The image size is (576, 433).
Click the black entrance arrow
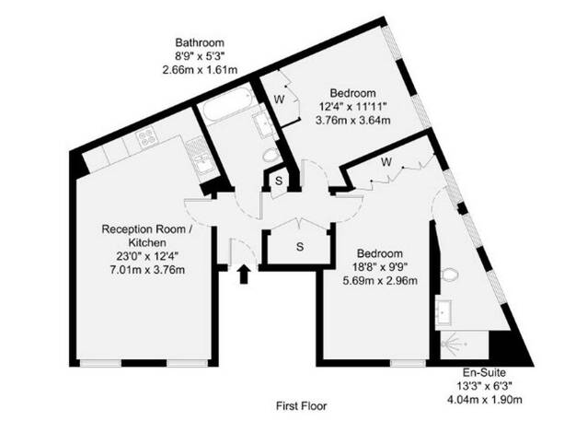click(243, 275)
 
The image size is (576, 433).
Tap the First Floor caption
click(301, 405)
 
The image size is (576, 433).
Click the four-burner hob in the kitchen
click(147, 137)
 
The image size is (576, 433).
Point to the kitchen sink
click(203, 163)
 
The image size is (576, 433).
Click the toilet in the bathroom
click(271, 156)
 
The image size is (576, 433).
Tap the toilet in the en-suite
click(449, 275)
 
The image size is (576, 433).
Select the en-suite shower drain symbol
click(453, 345)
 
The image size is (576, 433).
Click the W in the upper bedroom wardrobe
click(279, 99)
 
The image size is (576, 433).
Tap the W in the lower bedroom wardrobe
click(386, 162)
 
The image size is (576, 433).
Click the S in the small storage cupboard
click(279, 181)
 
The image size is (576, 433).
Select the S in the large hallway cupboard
click(300, 247)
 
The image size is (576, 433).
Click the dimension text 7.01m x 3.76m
click(147, 270)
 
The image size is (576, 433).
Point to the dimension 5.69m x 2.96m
click(380, 281)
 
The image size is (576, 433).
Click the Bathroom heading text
click(200, 42)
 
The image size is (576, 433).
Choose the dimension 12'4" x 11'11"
click(353, 107)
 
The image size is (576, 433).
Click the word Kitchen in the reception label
click(147, 243)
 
